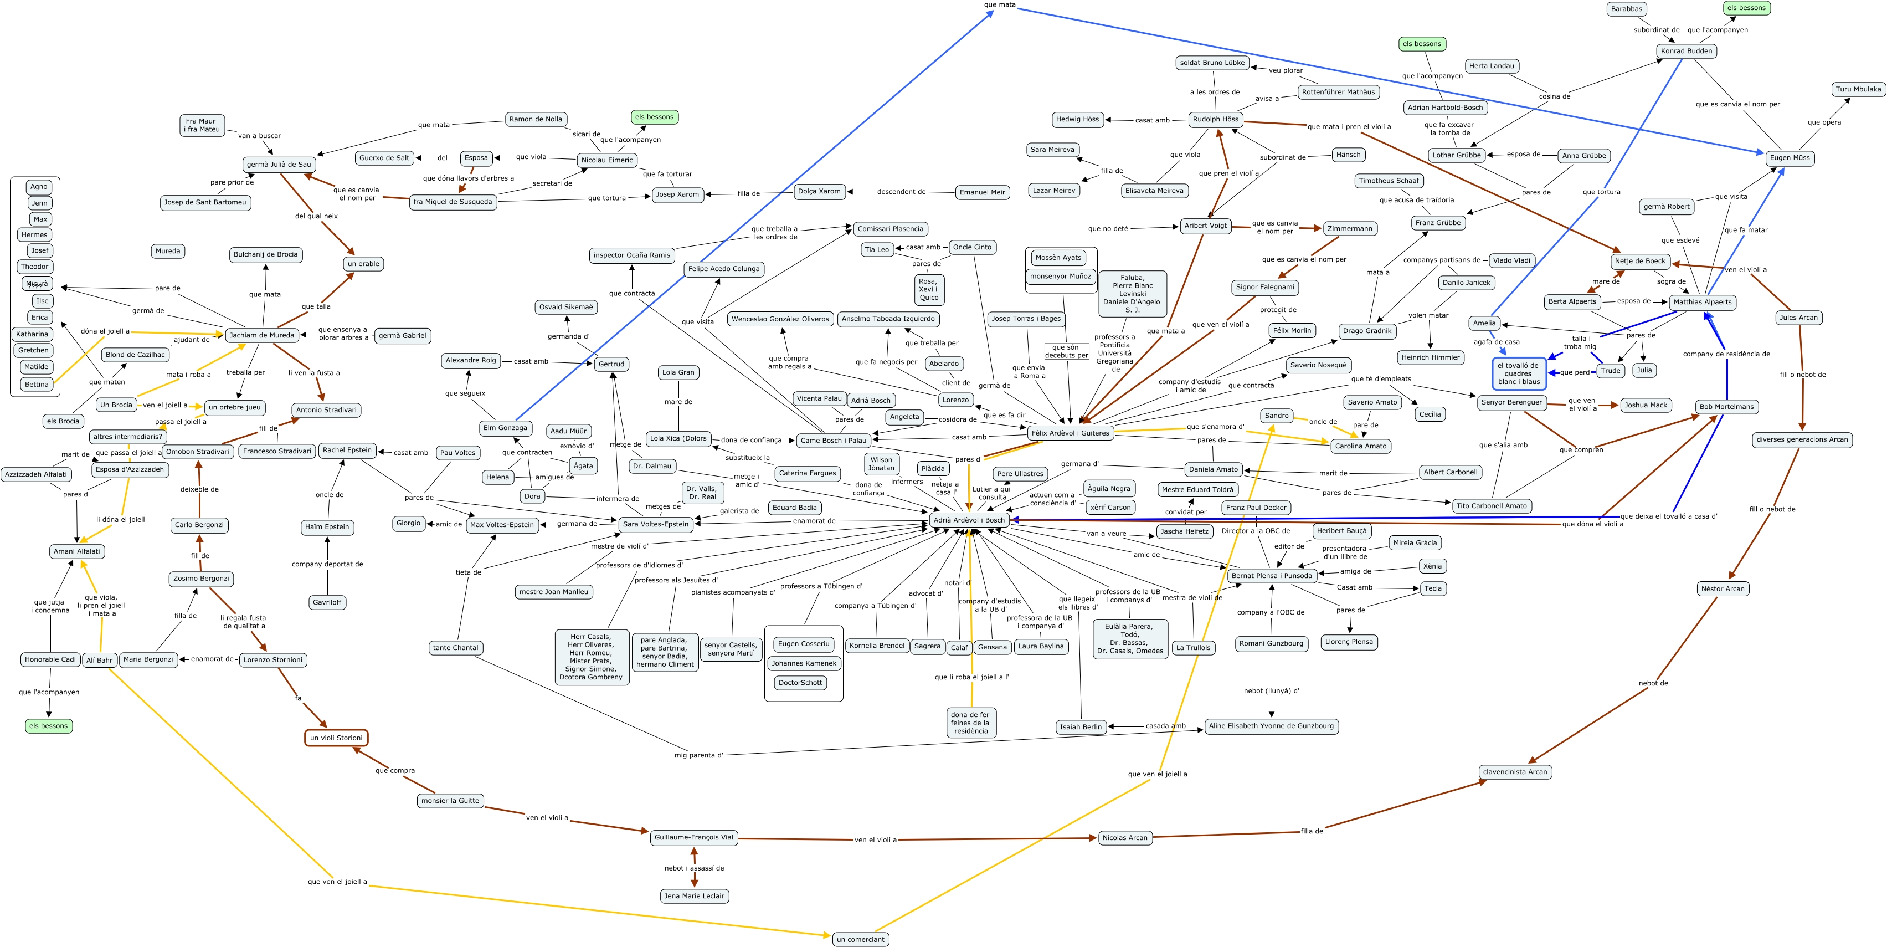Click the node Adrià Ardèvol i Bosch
969,520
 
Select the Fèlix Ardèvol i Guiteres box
1070,433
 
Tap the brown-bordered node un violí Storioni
336,738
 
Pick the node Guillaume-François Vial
693,837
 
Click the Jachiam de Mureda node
261,335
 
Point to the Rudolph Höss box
1215,119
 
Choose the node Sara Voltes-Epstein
656,524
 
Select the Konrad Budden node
1687,50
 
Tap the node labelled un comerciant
860,939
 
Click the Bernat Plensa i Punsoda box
1271,575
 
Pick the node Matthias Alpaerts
1703,302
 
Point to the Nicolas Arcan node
1124,838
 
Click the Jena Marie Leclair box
693,895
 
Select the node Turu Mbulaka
1858,89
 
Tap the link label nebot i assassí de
693,868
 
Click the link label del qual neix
316,216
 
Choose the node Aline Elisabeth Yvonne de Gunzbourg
1271,726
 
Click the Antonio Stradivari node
326,409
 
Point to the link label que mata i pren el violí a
1349,127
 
